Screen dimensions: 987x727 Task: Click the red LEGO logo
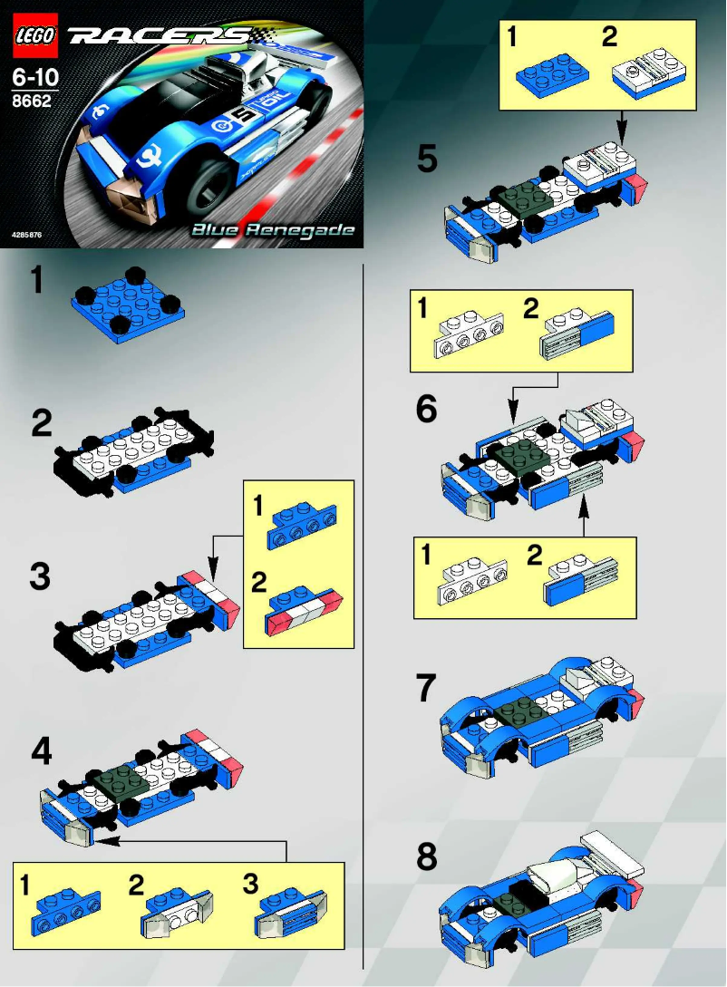[x=35, y=37]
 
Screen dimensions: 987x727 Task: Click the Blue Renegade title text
[x=272, y=230]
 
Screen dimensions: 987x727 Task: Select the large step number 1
[x=35, y=282]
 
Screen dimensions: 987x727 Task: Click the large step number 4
[x=42, y=751]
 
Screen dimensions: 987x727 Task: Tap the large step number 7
[x=426, y=690]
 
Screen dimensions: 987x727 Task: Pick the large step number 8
[x=426, y=856]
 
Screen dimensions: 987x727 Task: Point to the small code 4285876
[x=28, y=235]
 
